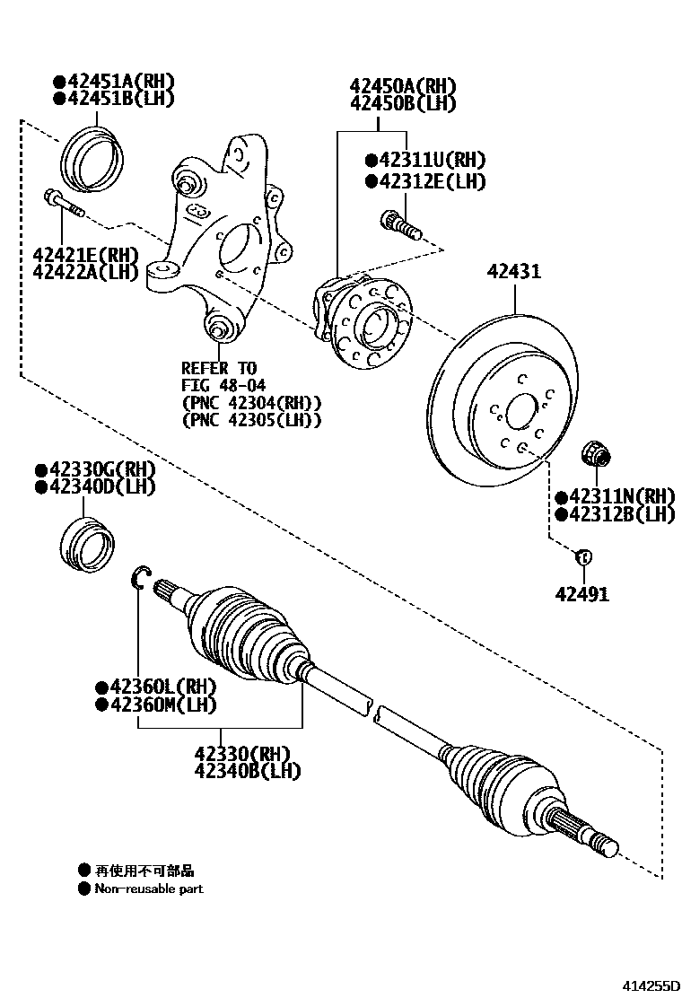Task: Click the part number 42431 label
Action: (514, 270)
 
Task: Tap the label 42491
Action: (581, 593)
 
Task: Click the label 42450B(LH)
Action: (403, 104)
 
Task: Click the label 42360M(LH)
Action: (161, 705)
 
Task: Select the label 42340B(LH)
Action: (248, 771)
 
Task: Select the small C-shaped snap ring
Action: (142, 579)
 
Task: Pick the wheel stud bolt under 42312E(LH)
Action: (401, 223)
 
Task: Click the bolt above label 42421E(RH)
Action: (62, 204)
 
